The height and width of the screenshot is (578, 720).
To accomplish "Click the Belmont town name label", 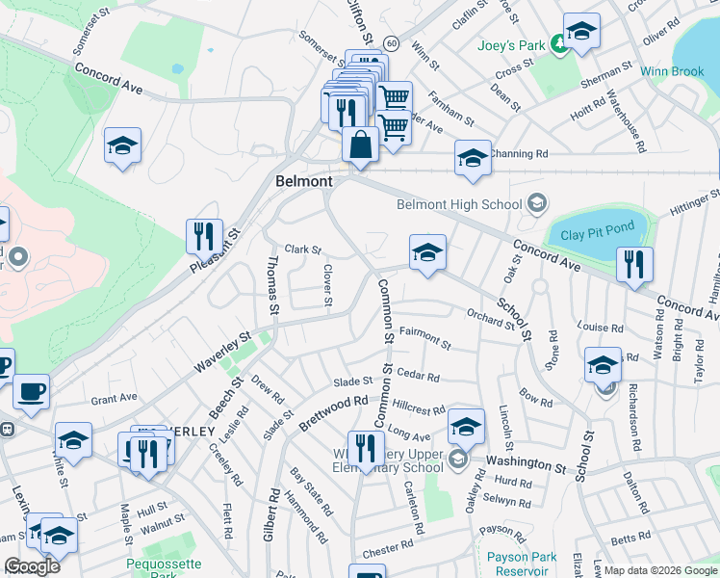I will [x=303, y=181].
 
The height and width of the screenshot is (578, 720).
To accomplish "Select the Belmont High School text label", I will [x=461, y=203].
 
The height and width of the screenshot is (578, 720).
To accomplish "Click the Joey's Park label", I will [x=510, y=45].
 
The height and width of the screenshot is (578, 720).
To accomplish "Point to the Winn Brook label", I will [x=672, y=71].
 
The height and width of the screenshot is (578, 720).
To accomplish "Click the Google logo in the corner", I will [x=33, y=566].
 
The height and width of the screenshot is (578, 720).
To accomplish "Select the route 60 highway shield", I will [x=390, y=43].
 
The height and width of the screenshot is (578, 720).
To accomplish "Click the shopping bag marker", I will [x=360, y=146].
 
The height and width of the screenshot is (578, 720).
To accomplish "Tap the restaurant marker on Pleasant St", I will [x=204, y=236].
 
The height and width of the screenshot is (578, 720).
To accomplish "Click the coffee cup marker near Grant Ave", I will [x=31, y=391].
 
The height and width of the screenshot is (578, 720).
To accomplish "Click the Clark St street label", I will [x=303, y=250].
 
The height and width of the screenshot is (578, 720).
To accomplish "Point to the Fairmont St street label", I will [x=424, y=337].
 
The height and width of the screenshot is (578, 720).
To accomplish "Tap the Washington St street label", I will [x=526, y=464].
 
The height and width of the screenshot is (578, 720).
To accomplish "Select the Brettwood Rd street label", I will [x=334, y=412].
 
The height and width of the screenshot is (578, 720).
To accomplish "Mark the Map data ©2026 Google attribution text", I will [x=659, y=570].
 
